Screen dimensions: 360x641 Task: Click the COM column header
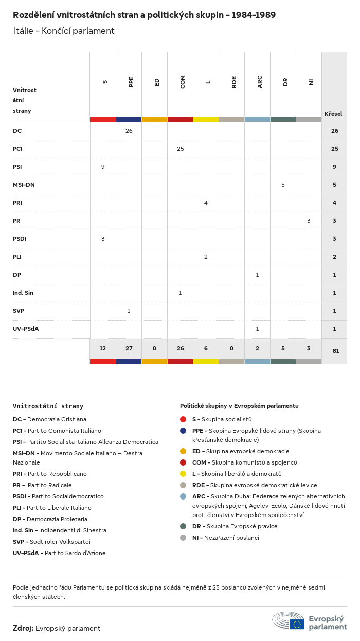tap(182, 82)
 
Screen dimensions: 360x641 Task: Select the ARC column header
tap(260, 82)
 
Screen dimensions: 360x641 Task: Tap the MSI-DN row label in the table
tap(24, 185)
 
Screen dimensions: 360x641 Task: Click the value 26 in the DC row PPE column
tap(129, 131)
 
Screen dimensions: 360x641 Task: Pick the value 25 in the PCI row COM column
tap(181, 149)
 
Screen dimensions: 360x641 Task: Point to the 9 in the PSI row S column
tap(103, 167)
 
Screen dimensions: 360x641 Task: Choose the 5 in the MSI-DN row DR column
tap(283, 185)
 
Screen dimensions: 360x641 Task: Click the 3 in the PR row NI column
tap(309, 221)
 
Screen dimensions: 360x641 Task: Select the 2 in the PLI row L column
tap(206, 257)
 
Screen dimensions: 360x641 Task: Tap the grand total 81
tap(336, 351)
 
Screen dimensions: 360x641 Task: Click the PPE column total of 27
tap(129, 348)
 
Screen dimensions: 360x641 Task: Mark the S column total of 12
tap(103, 348)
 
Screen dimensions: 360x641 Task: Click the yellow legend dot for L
tap(183, 474)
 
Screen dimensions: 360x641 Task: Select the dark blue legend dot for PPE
tap(183, 431)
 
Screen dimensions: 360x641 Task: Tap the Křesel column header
tap(333, 114)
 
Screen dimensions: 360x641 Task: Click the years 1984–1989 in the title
tap(254, 15)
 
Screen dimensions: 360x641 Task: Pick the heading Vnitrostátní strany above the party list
tap(48, 406)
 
